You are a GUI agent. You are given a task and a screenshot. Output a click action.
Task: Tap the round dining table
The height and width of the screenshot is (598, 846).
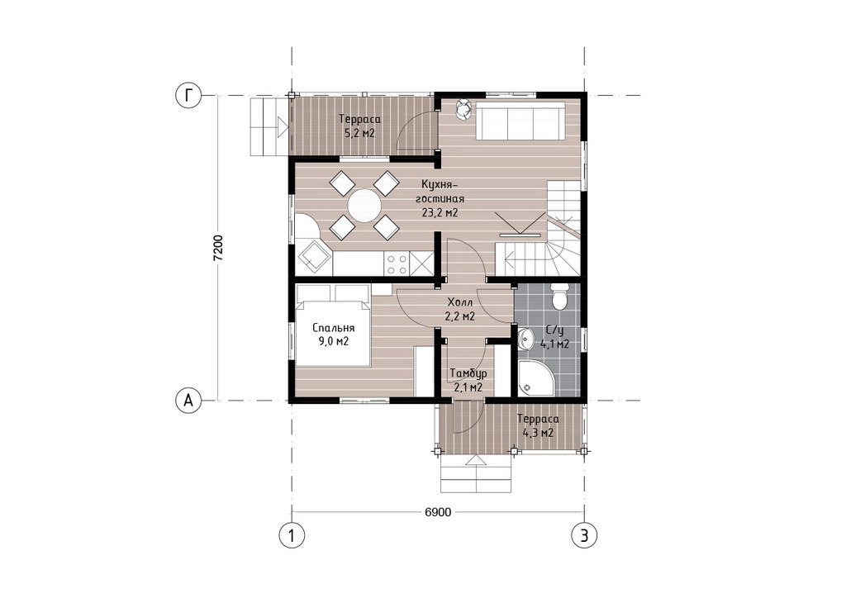click(x=364, y=206)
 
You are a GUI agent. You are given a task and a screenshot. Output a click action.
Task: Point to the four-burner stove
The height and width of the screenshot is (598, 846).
click(x=397, y=263)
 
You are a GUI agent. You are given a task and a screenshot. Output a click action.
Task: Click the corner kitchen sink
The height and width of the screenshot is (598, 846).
click(x=311, y=255)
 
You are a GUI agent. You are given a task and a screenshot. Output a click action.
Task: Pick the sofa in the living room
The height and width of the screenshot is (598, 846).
click(x=520, y=121)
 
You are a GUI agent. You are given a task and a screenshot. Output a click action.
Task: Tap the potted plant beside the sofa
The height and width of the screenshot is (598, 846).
click(x=463, y=109)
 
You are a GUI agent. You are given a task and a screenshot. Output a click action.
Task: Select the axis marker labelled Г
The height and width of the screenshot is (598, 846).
click(x=188, y=96)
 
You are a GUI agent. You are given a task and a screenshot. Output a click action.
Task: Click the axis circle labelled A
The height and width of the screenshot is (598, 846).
click(x=188, y=401)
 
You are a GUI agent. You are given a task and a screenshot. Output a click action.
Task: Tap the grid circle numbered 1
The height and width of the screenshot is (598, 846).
click(x=292, y=535)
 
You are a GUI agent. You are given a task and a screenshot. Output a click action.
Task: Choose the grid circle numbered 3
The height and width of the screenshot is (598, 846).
click(x=584, y=535)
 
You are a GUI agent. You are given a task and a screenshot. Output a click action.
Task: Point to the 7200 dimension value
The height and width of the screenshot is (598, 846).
click(x=218, y=248)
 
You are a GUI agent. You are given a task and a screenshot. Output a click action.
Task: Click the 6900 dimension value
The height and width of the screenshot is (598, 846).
click(x=438, y=512)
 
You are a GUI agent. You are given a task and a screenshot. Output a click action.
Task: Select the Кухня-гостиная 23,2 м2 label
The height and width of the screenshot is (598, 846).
click(x=440, y=198)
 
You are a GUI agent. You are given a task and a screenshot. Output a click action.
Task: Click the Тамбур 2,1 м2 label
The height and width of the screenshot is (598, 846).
click(x=468, y=380)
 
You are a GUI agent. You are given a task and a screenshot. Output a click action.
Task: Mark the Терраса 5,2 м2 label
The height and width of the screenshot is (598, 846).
click(x=359, y=126)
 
